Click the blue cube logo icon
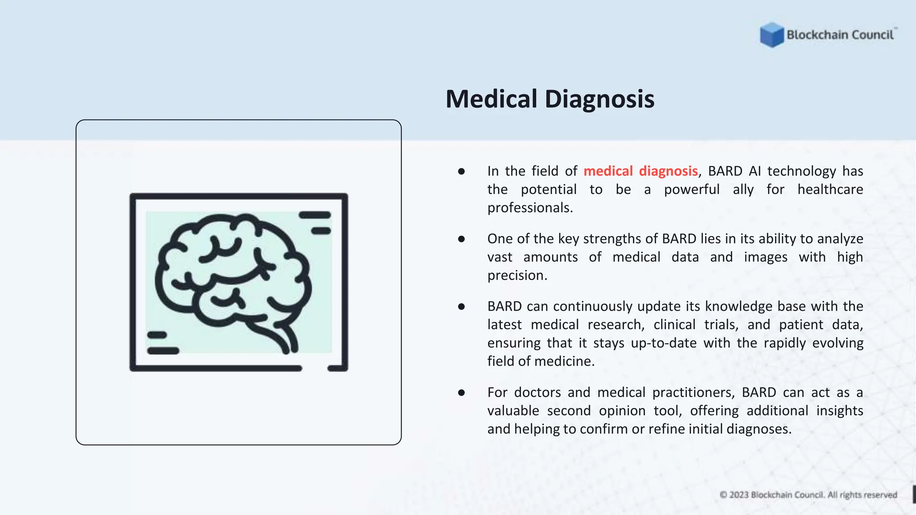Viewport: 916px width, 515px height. (772, 34)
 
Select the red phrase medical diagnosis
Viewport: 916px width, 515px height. (640, 171)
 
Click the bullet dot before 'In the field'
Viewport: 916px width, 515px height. (462, 172)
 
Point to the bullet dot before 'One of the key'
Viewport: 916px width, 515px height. (462, 239)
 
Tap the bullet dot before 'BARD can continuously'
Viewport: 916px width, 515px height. (462, 307)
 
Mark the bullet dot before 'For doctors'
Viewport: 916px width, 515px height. (462, 393)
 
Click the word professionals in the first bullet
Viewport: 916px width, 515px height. (530, 208)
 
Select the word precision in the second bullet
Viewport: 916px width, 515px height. (517, 275)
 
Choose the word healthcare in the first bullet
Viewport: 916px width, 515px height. (830, 190)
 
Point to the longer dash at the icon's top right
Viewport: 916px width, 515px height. (315, 215)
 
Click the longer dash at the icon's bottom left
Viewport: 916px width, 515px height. (163, 351)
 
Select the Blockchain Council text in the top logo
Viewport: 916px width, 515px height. (840, 35)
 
